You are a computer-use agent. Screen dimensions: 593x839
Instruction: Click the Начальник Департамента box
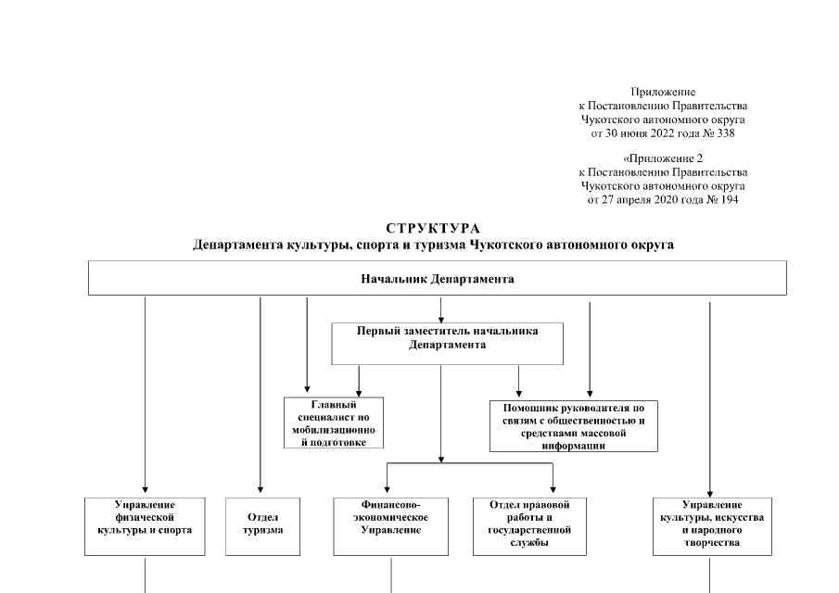[437, 278]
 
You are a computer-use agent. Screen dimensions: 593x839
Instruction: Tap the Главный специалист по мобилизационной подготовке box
[334, 423]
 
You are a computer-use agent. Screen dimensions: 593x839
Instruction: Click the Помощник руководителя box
[573, 426]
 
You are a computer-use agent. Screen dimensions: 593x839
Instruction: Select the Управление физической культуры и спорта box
[145, 524]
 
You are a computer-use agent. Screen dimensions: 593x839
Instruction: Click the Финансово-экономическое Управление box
[390, 524]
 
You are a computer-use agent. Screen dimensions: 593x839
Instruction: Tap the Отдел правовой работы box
[529, 524]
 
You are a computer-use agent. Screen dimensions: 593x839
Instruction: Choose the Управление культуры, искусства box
[709, 524]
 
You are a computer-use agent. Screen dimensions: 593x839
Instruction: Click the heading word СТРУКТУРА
[433, 228]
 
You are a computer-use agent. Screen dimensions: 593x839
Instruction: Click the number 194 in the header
[729, 199]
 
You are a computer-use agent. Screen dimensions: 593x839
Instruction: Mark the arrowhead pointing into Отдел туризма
[261, 491]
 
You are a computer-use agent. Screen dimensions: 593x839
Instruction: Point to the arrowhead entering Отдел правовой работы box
[553, 491]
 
